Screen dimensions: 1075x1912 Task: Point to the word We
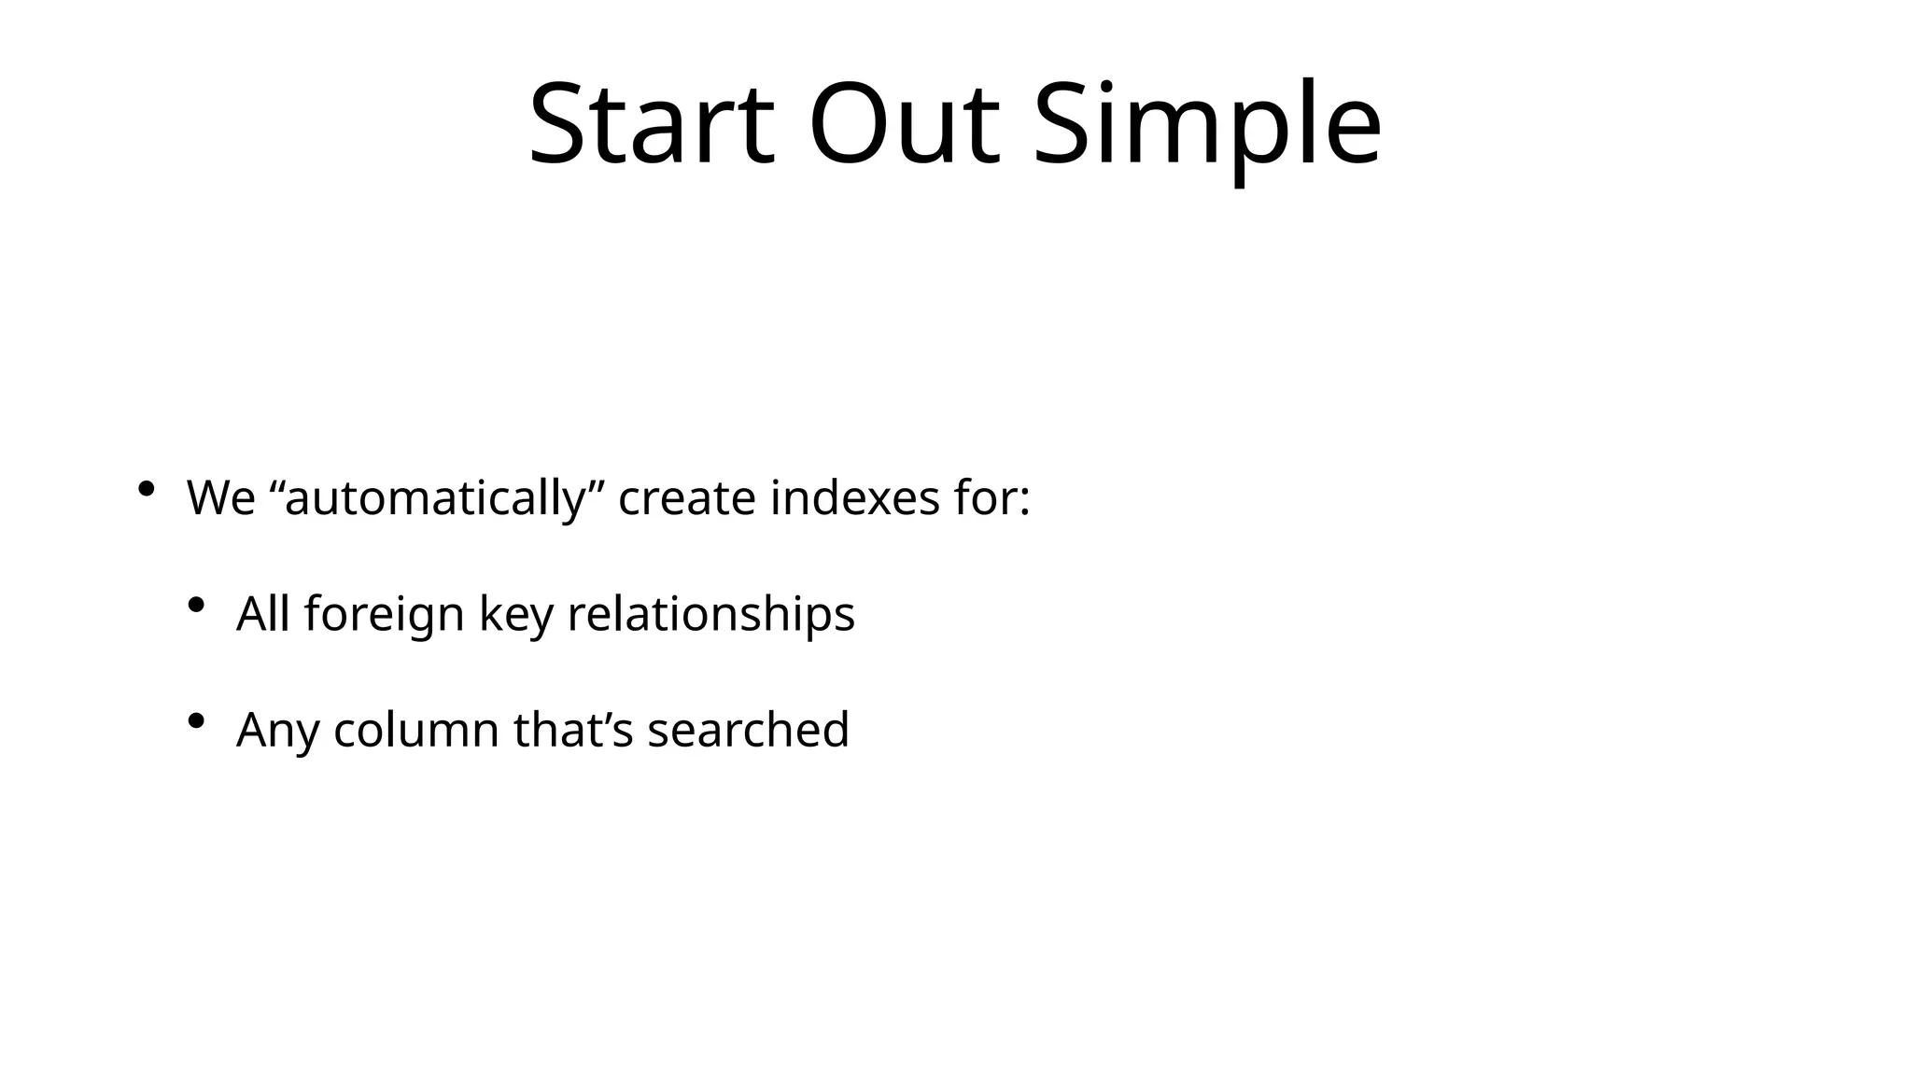tap(220, 497)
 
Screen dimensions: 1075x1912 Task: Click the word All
tap(262, 614)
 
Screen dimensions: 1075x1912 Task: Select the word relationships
tap(710, 614)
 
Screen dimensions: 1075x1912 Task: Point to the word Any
tap(277, 730)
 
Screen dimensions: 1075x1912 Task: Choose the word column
tap(416, 730)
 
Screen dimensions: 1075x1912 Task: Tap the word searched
tap(748, 730)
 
